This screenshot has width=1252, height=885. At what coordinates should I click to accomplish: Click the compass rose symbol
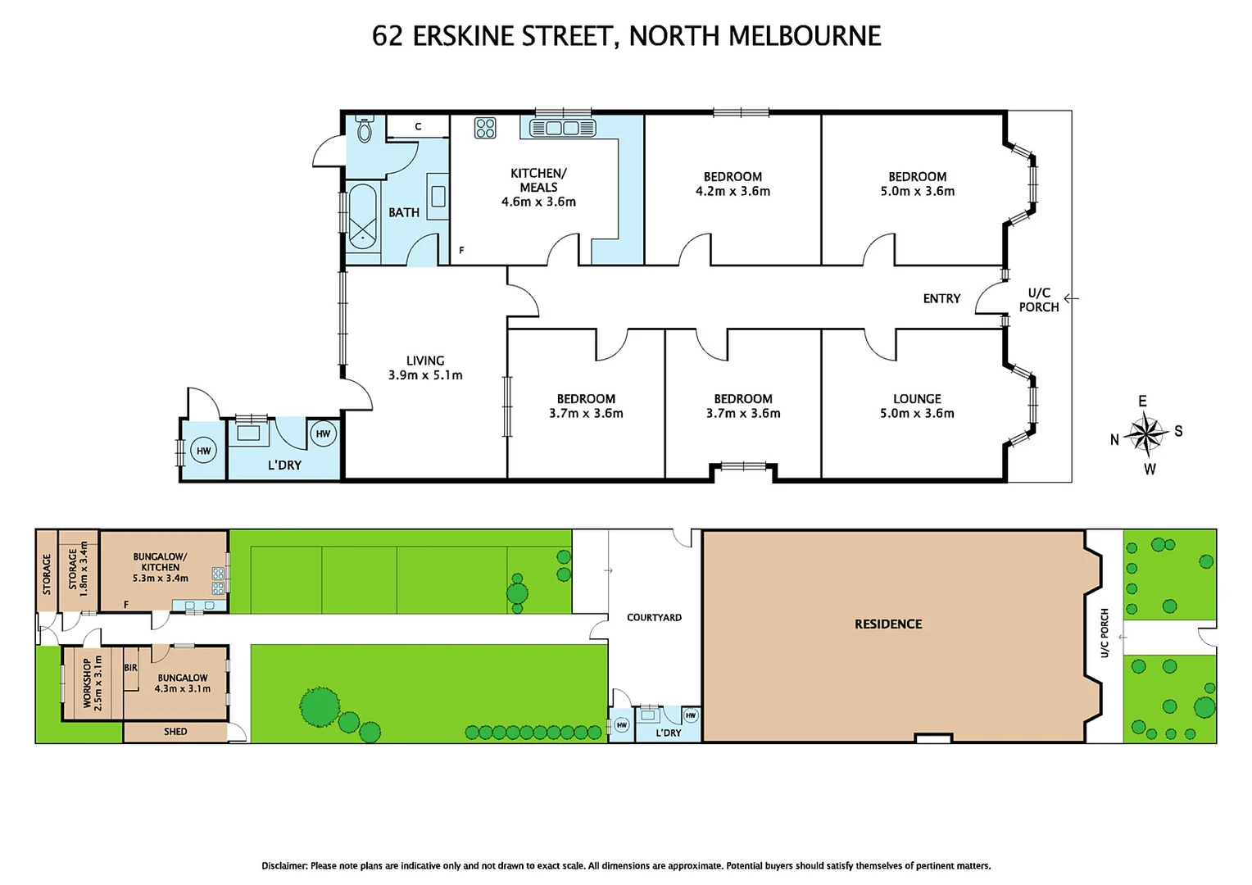pos(1147,434)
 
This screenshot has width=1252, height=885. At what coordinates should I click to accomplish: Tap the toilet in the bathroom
pos(365,129)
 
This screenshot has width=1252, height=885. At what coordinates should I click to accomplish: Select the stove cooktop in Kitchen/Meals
pos(485,128)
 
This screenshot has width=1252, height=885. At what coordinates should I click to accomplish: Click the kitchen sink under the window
pos(562,128)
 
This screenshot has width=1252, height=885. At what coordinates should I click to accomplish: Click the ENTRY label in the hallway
pos(941,299)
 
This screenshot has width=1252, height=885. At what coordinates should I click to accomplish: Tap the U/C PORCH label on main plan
pos(1038,300)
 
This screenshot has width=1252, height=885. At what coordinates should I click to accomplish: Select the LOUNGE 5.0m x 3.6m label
pos(917,406)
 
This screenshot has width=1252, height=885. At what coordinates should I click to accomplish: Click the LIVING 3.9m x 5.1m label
pos(425,368)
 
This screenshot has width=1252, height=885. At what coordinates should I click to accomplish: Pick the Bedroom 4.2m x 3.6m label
pos(733,184)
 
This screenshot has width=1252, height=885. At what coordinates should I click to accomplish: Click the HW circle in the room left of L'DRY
pos(203,451)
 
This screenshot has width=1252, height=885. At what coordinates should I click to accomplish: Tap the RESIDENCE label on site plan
pos(888,624)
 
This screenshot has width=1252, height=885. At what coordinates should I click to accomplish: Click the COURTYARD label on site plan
pos(654,618)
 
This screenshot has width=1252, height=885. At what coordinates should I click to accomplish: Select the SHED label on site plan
pos(175,732)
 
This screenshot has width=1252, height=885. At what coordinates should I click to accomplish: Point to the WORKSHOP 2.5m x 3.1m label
pos(92,683)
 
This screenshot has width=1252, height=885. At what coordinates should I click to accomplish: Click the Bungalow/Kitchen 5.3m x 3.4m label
pos(161,567)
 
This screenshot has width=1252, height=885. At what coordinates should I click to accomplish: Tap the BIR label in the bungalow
pos(130,668)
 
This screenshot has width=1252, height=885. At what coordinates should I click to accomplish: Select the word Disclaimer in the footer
pos(284,865)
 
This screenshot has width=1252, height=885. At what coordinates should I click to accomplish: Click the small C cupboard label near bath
pos(418,127)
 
